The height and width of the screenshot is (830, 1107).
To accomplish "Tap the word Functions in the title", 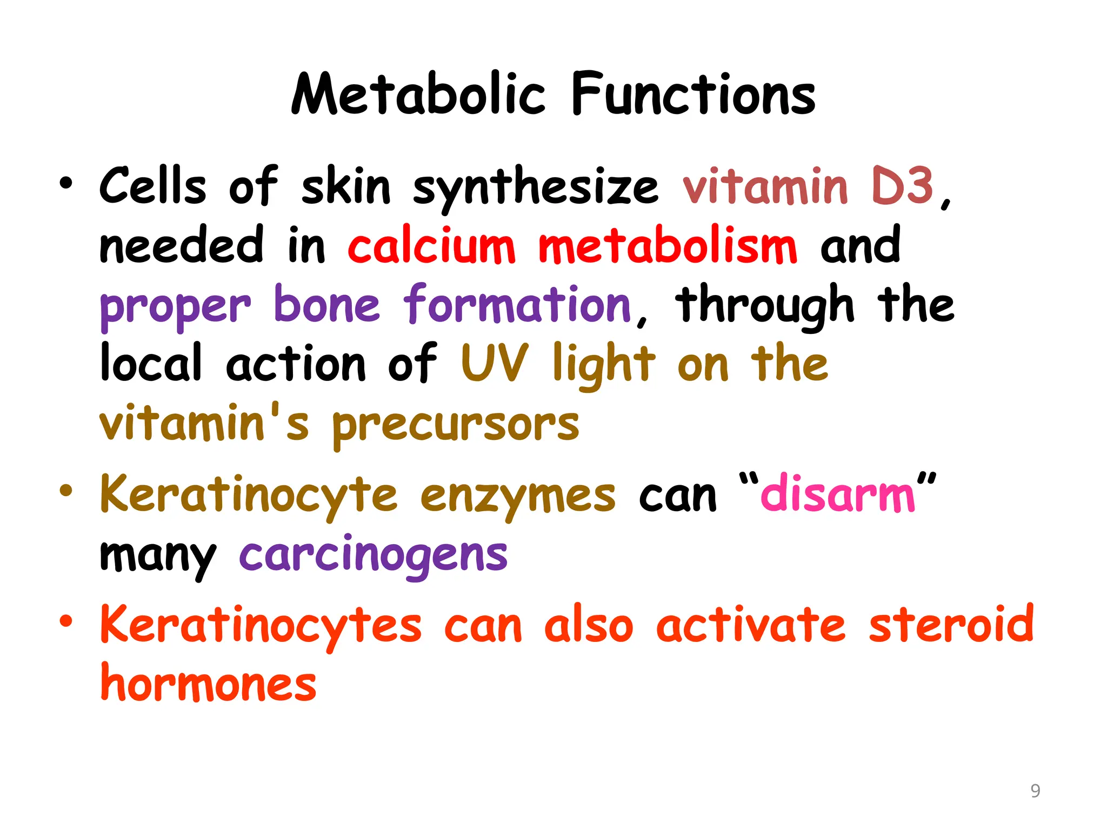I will tap(693, 95).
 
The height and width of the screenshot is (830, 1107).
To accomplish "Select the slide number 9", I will tap(1035, 791).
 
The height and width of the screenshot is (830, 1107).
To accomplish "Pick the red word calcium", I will tap(431, 246).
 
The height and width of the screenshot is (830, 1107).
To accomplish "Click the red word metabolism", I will tap(668, 246).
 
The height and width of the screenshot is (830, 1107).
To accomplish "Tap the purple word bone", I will tap(327, 305).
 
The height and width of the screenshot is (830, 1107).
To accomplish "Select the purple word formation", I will tap(518, 305).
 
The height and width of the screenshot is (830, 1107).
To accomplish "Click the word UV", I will tap(495, 363).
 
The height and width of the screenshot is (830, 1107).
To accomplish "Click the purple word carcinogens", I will tap(374, 555).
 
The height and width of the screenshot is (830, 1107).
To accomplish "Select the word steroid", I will tap(951, 624).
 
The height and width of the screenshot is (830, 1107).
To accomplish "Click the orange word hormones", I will tap(209, 684).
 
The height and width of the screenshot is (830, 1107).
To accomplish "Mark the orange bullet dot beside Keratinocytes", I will tap(66, 621).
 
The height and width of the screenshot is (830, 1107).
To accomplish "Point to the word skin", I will tap(346, 186).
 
